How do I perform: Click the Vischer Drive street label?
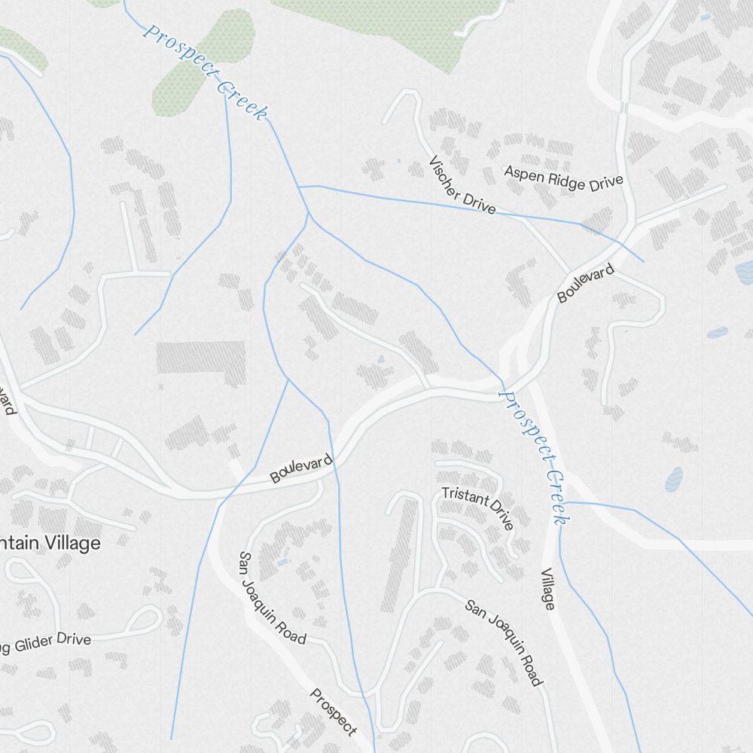462,185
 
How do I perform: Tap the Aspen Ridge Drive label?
564,178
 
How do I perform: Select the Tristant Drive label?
477,507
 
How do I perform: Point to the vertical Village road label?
548,589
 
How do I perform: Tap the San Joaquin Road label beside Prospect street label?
272,598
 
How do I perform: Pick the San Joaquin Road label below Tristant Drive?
503,642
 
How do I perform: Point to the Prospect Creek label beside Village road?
537,456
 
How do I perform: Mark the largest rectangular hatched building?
201,358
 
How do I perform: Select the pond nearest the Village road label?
674,477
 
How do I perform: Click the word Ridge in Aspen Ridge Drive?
565,178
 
